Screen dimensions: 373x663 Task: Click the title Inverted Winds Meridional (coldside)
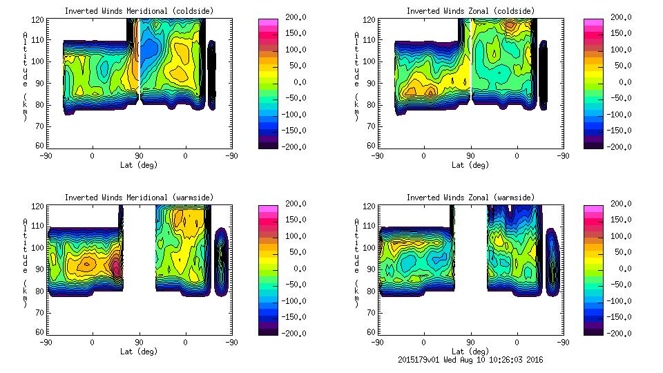pyautogui.click(x=139, y=11)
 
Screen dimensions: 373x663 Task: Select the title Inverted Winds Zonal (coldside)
pyautogui.click(x=470, y=11)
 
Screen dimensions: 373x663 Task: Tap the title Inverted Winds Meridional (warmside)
pyautogui.click(x=139, y=198)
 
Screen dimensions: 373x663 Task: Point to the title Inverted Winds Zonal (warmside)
pyautogui.click(x=470, y=198)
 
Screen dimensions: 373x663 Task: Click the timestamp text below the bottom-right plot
pyautogui.click(x=470, y=360)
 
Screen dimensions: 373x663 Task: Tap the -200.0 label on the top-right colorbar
pyautogui.click(x=623, y=146)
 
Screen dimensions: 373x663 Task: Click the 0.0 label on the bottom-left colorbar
pyautogui.click(x=296, y=268)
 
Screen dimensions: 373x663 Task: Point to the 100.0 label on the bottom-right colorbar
pyautogui.click(x=623, y=236)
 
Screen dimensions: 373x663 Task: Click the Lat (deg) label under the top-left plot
pyautogui.click(x=139, y=164)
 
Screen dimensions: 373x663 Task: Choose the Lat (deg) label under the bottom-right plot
pyautogui.click(x=470, y=351)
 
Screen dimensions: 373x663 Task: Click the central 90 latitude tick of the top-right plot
pyautogui.click(x=470, y=156)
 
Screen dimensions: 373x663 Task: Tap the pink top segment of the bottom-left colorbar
pyautogui.click(x=268, y=209)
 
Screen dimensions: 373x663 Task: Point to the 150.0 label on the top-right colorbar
pyautogui.click(x=623, y=33)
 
